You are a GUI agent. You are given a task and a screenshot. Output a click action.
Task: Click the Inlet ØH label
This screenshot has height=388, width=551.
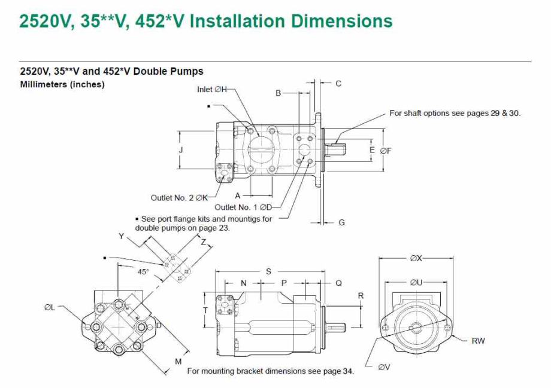[x=212, y=90]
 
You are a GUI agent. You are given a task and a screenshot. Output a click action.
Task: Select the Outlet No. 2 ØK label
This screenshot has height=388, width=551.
[x=179, y=198]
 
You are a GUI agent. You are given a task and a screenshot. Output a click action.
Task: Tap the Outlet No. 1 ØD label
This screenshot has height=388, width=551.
[x=243, y=207]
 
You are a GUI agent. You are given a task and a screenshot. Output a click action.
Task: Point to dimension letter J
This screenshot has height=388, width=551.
[x=181, y=150]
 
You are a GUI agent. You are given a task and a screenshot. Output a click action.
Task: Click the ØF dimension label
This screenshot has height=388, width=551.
[x=386, y=151]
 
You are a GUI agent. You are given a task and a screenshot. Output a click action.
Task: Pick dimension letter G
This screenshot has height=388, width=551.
[x=341, y=222]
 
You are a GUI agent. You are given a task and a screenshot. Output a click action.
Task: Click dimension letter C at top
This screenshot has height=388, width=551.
[x=338, y=84]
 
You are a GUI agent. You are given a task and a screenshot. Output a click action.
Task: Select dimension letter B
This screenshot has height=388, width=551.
[x=278, y=93]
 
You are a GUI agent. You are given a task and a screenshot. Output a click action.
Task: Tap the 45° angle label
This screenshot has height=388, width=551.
[x=143, y=272]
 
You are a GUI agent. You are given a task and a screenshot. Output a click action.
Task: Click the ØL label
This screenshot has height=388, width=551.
[x=50, y=308]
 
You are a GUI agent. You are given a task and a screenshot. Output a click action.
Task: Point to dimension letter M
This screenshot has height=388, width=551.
[x=178, y=361]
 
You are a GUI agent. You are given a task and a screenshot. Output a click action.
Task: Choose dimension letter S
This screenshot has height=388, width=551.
[x=268, y=271]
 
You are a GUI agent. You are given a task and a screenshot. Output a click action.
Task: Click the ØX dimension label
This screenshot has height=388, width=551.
[x=416, y=258]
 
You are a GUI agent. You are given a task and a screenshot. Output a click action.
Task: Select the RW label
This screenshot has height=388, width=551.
[x=478, y=341]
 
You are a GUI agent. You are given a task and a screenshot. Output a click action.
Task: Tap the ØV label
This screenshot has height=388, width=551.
[x=384, y=367]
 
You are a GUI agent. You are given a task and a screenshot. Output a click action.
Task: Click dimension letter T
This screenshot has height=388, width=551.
[x=205, y=310]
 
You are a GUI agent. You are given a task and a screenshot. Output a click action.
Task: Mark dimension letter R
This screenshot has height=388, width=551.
[x=361, y=296]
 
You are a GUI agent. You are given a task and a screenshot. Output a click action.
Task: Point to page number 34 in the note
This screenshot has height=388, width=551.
[x=347, y=371]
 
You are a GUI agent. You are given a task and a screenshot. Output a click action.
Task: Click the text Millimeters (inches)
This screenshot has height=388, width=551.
[x=62, y=84]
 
